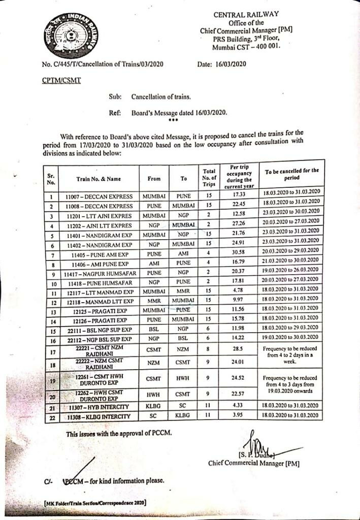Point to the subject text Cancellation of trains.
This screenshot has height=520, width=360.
(x=161, y=96)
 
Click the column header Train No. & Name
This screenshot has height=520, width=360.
(x=99, y=179)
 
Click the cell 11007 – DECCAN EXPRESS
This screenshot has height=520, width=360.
(x=99, y=197)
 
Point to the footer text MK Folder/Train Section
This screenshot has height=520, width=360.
(x=95, y=502)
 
